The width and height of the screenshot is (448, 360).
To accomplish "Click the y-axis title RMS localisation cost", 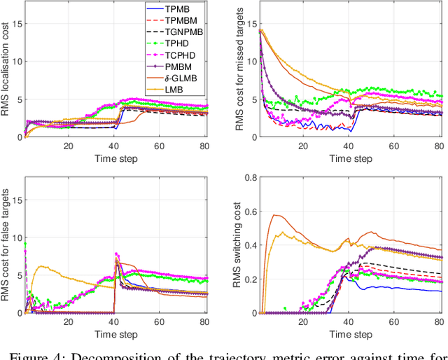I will [7, 70].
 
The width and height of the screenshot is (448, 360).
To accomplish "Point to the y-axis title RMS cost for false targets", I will [7, 244].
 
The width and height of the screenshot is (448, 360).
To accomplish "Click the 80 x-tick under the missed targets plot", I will [438, 145].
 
